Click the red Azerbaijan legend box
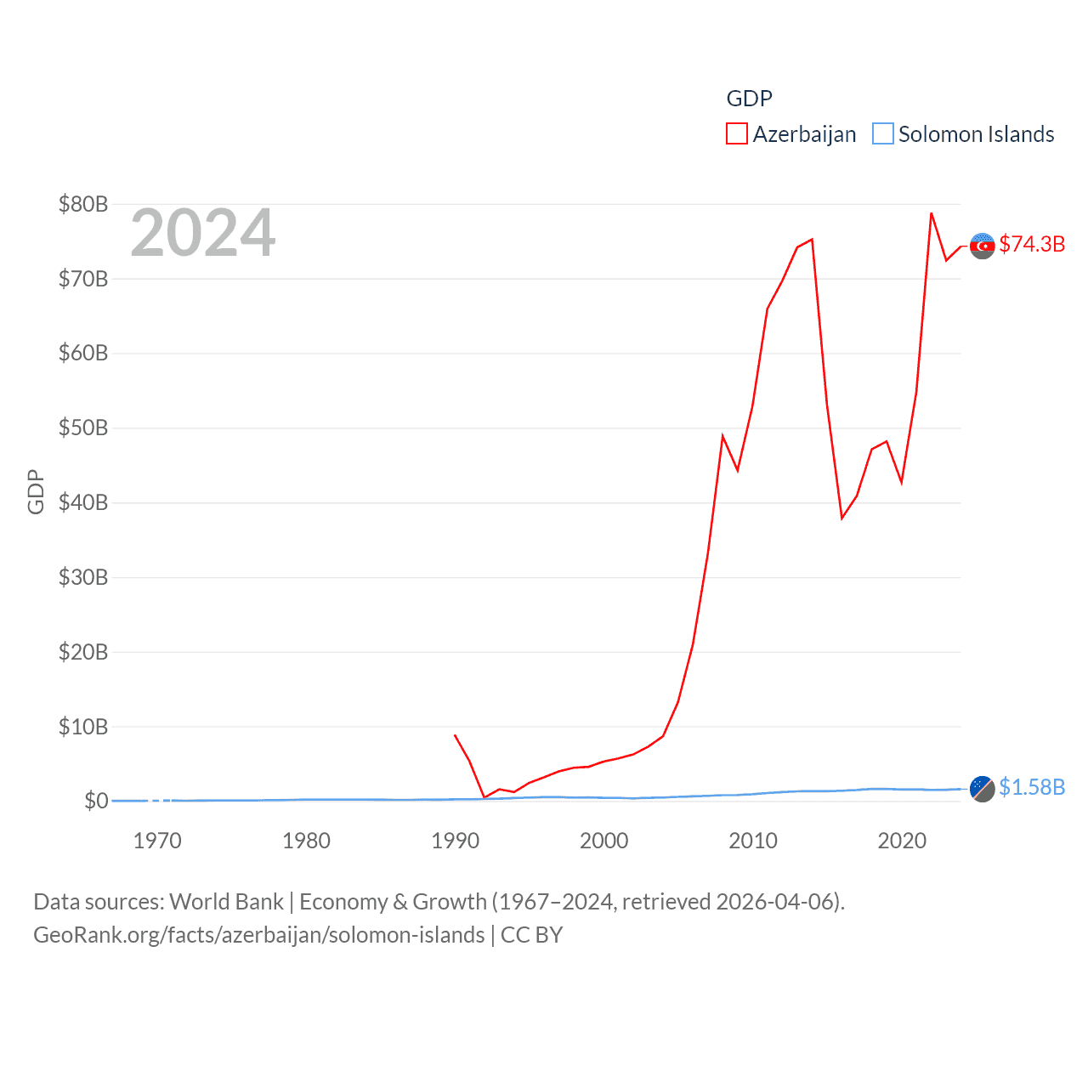pos(736,134)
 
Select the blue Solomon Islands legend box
pos(883,134)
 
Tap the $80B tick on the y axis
pos(83,204)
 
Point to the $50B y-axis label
pos(83,428)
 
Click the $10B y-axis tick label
pos(83,727)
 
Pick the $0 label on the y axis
pos(96,801)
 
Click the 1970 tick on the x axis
pos(157,841)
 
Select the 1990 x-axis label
pos(455,841)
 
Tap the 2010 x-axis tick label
pos(752,841)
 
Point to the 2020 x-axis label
pos(901,841)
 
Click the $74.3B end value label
pos(1032,244)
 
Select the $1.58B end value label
pos(1032,787)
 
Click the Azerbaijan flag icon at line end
pos(983,246)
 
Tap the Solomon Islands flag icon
pos(983,789)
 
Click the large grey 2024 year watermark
pos(202,233)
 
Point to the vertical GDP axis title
pos(36,491)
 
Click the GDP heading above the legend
pos(749,99)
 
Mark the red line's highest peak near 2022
pos(932,213)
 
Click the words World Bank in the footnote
pos(226,901)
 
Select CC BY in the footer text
pos(531,935)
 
